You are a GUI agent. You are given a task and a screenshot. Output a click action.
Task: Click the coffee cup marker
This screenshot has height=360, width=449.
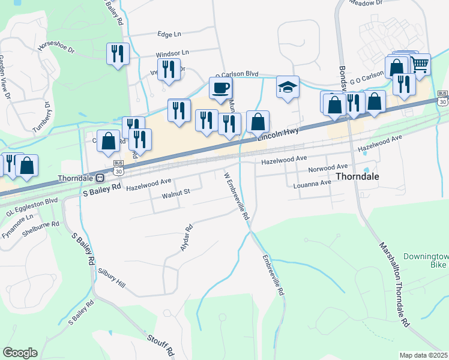(220, 88)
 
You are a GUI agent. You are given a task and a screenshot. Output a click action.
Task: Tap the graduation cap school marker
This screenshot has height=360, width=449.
(288, 87)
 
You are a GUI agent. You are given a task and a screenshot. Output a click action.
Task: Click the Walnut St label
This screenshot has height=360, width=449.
(176, 192)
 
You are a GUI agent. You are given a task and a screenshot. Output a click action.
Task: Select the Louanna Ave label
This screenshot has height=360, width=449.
(312, 184)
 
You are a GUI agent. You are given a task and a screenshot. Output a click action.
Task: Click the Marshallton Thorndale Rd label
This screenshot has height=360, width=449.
(394, 284)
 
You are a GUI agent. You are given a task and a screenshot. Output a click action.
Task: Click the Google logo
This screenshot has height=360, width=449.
(20, 353)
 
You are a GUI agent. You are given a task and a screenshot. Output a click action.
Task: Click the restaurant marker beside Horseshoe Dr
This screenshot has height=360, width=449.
(118, 54)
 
